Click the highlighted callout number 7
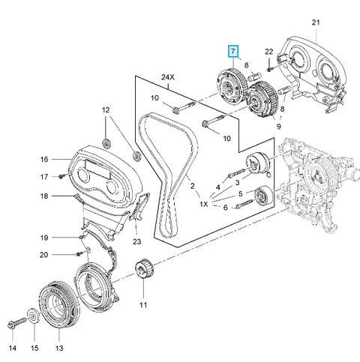point(233,52)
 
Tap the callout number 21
point(316,22)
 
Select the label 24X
point(168,77)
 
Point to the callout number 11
point(143,305)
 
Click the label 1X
point(204,204)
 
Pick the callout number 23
point(136,241)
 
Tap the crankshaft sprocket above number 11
point(144,271)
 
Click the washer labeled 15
point(33,316)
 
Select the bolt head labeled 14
point(12,325)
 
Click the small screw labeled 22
point(269,69)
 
